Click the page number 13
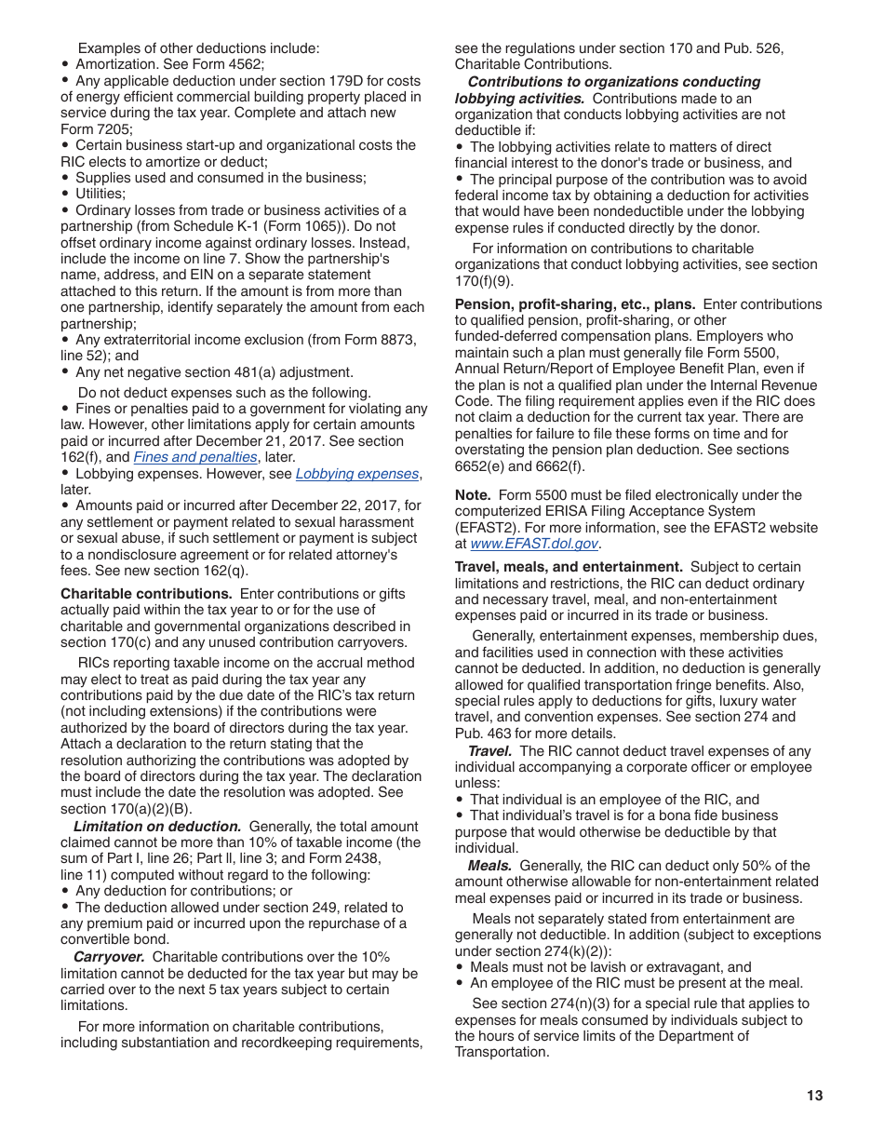[x=814, y=1096]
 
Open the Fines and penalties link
[x=195, y=457]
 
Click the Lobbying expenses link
[x=357, y=474]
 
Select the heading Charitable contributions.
[x=146, y=594]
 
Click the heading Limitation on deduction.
[x=157, y=827]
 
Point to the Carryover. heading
[x=109, y=957]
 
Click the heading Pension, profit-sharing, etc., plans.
[x=575, y=304]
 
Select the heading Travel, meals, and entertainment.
[x=569, y=567]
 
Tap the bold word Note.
[x=473, y=495]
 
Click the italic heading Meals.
[x=490, y=866]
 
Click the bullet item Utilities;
[x=100, y=194]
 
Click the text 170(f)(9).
[x=483, y=281]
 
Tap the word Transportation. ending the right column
[x=502, y=1052]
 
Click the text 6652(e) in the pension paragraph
[x=483, y=466]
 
